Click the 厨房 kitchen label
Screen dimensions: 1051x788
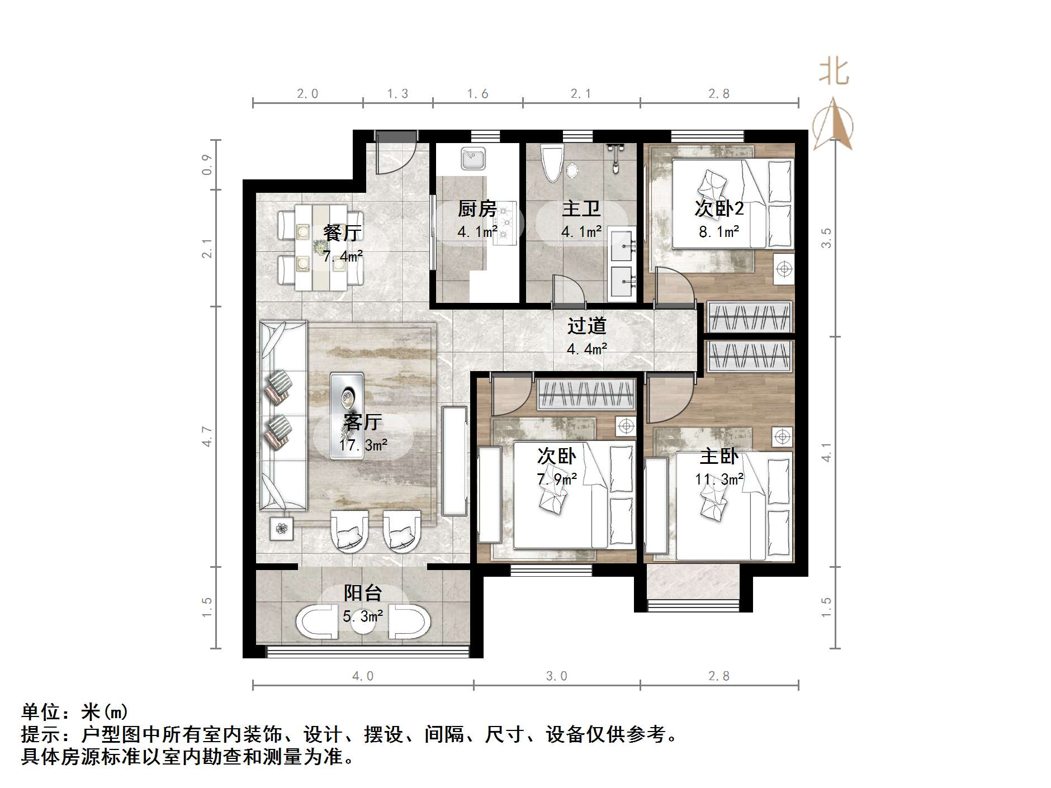coord(477,209)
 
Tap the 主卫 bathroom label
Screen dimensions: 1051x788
coord(581,209)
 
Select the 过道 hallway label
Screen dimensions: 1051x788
coord(586,326)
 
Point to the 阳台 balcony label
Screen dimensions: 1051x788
coord(363,593)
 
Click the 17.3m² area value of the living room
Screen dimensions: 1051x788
coord(363,445)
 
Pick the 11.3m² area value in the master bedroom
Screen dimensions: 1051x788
coord(719,480)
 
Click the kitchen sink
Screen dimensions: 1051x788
coord(474,158)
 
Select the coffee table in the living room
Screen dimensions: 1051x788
coord(347,416)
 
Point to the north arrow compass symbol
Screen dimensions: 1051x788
coord(833,125)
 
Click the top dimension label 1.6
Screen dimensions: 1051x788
coord(478,94)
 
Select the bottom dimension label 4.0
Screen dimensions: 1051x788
coord(363,676)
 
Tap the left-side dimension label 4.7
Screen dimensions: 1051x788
coord(207,436)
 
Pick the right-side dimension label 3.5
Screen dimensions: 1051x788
coord(826,238)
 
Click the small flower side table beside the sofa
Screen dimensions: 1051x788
coord(282,528)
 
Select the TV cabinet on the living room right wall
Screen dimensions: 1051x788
coord(455,461)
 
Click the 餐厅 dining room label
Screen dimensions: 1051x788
coord(342,233)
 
